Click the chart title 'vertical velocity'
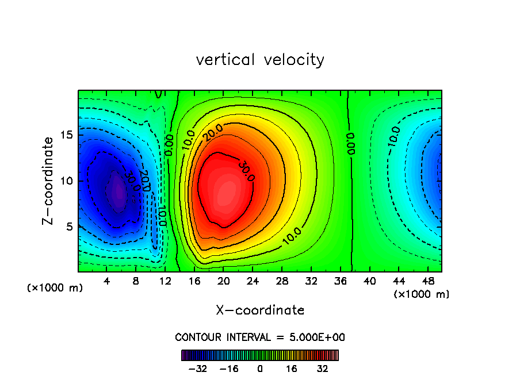[x=260, y=60]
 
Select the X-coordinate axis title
[x=260, y=310]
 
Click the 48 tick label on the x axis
[x=427, y=281]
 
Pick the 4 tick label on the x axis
[x=107, y=281]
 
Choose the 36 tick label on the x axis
[x=340, y=281]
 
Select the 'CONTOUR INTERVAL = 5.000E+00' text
[x=260, y=337]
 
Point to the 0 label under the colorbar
[x=260, y=369]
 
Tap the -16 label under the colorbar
[x=229, y=369]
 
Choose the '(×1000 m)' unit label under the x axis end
[x=422, y=294]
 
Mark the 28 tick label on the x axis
[x=282, y=281]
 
